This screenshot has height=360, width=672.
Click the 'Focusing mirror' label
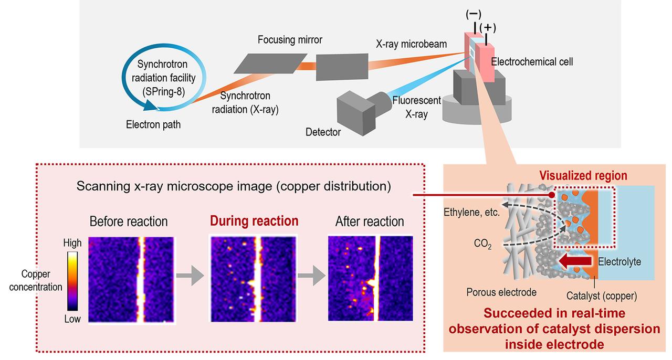[x=290, y=40]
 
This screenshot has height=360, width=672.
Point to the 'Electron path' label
[x=153, y=125]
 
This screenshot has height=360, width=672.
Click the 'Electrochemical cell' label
[x=532, y=61]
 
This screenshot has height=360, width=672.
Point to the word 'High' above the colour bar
[x=72, y=243]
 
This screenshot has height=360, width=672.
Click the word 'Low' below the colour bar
[x=72, y=319]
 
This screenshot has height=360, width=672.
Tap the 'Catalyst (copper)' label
[x=601, y=296]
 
